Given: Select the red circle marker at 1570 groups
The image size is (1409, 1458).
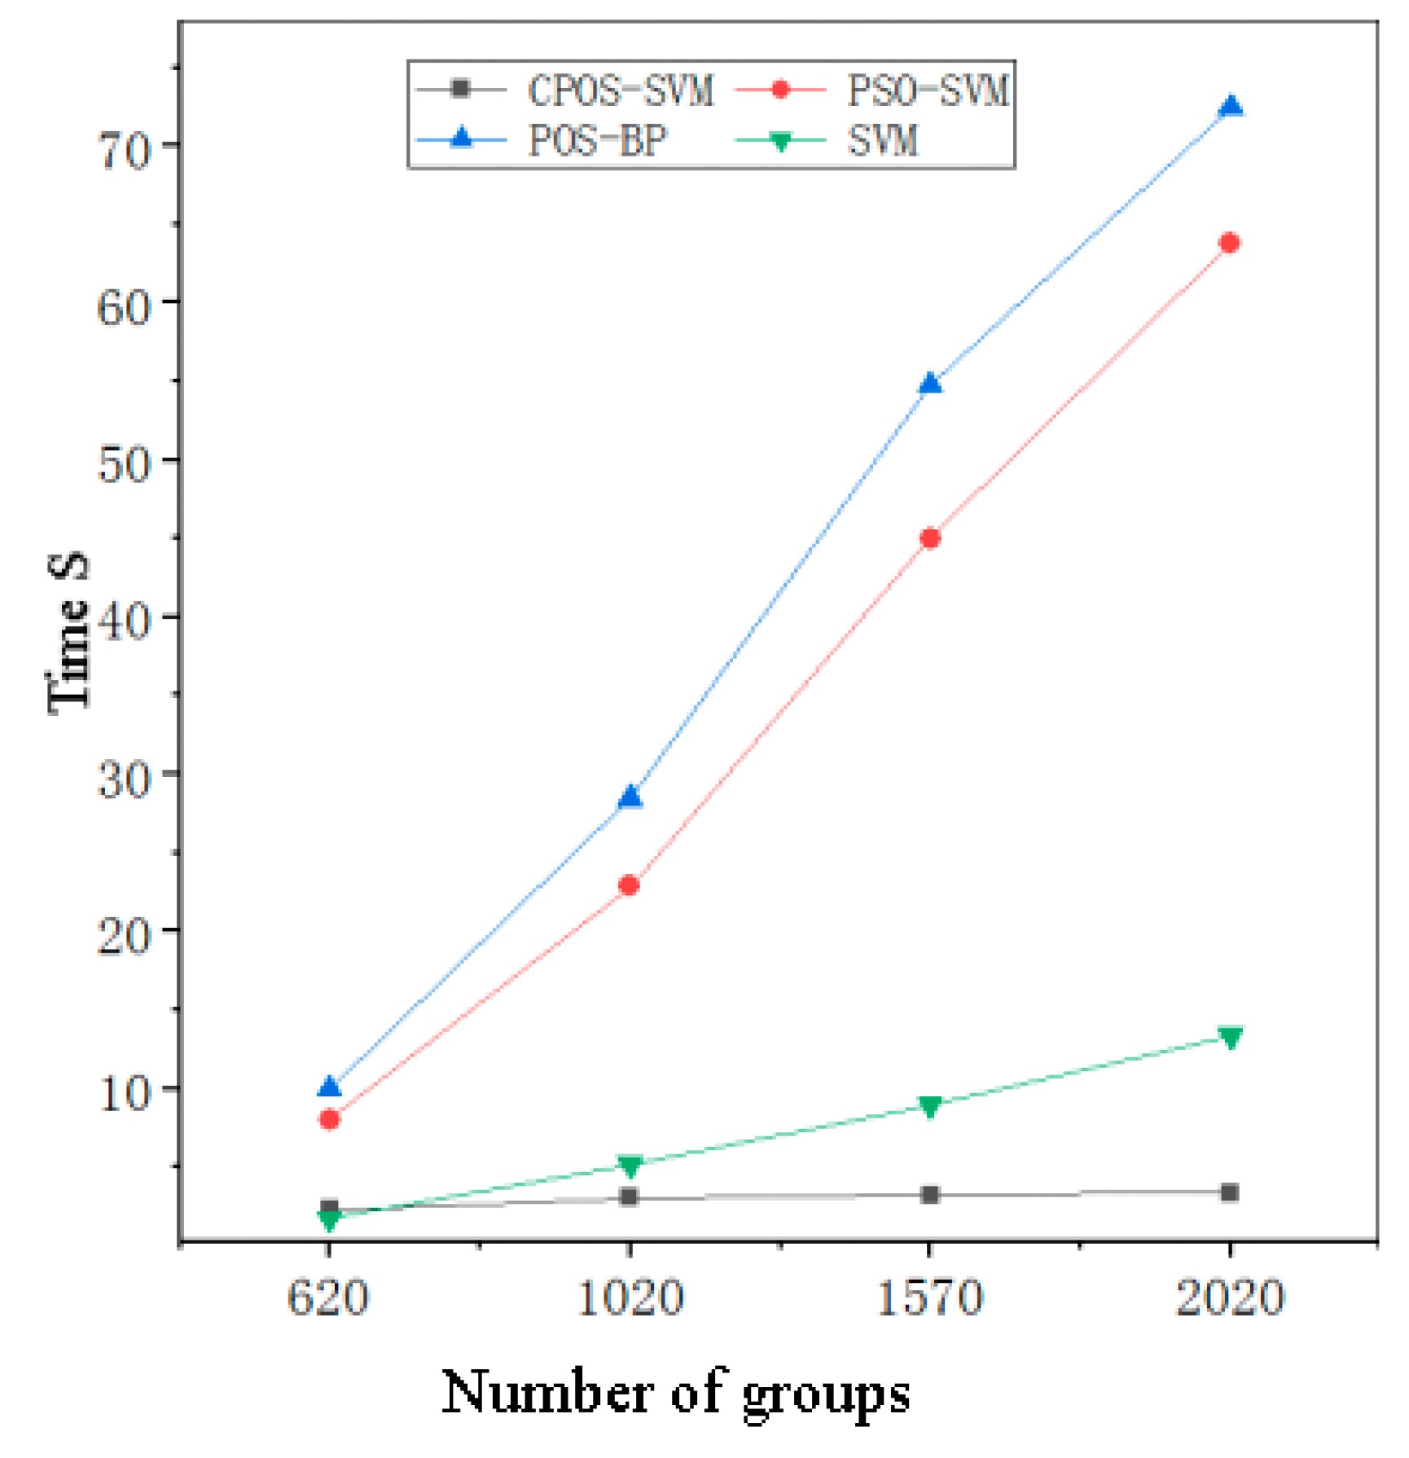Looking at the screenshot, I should pos(930,538).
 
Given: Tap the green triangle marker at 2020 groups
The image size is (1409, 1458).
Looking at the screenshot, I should pos(1231,1038).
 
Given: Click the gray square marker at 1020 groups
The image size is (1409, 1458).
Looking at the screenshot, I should pos(629,1197).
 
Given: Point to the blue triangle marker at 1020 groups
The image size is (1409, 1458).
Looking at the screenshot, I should pos(630,797).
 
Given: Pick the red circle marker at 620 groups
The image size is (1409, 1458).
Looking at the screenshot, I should pos(329,1120).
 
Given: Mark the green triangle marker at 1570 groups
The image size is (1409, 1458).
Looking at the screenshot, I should pos(930,1106).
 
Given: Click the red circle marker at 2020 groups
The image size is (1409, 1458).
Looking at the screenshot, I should pos(1230,244).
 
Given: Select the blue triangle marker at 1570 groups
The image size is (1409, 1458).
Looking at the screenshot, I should pos(930,384).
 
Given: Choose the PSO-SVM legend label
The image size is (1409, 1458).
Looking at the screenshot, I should pos(928,90).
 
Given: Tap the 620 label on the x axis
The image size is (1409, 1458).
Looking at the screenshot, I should pos(328,1298).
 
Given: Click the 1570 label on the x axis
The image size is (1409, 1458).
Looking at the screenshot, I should pos(930,1298).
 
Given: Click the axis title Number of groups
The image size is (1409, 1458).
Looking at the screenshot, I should pos(676,1394).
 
